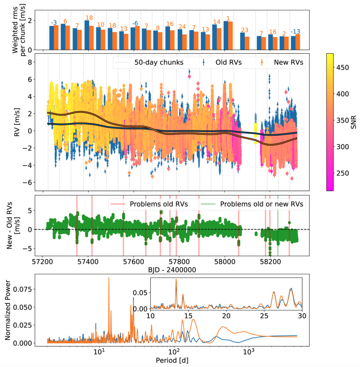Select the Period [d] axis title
coord(172,360)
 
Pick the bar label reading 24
coord(182,27)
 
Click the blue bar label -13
coord(295,32)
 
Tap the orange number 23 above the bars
coord(244,30)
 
